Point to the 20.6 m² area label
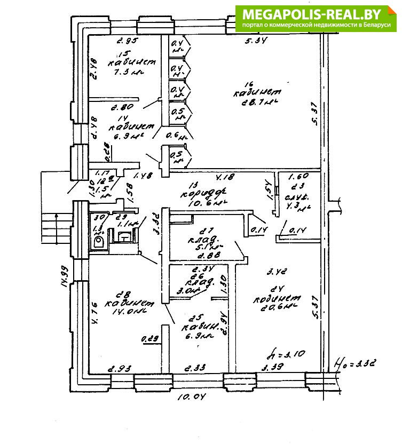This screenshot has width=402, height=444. click(x=278, y=308)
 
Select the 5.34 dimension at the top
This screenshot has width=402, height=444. click(x=255, y=41)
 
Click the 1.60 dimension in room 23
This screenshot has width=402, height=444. click(x=298, y=177)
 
